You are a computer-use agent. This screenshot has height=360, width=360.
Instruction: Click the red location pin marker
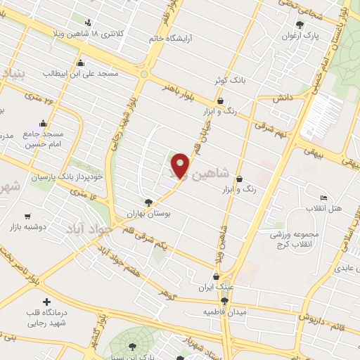click(181, 165)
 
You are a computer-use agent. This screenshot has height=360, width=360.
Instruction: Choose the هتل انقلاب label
click(323, 209)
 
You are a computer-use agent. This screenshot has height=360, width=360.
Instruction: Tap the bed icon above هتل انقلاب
click(323, 198)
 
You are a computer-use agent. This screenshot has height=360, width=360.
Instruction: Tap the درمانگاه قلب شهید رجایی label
click(46, 319)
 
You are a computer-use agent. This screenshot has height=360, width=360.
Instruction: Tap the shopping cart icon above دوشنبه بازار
click(27, 217)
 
